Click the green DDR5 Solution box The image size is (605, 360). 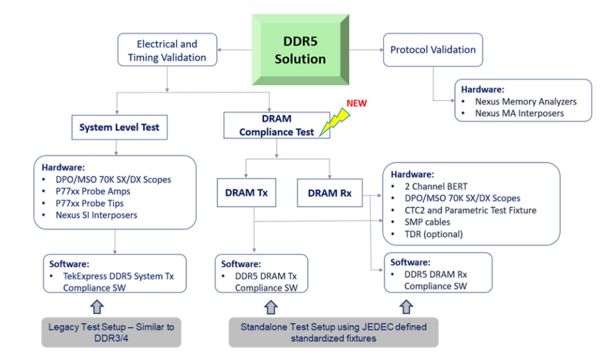300,50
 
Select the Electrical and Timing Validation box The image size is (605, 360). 167,51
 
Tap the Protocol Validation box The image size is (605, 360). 433,49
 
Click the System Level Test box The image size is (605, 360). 119,127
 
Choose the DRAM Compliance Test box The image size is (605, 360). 277,124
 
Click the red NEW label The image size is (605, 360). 356,103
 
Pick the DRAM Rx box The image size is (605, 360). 329,193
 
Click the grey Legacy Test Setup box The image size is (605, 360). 111,331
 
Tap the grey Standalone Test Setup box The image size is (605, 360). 333,331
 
